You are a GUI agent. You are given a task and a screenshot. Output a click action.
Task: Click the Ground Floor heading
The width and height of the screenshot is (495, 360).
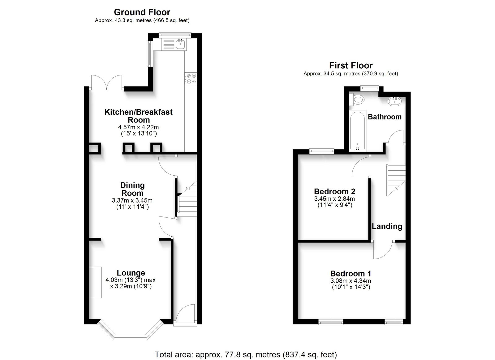pyautogui.click(x=142, y=12)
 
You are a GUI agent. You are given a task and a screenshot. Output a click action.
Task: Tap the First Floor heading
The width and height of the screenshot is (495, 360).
pyautogui.click(x=351, y=65)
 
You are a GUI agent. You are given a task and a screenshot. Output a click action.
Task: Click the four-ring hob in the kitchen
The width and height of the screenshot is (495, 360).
pyautogui.click(x=191, y=79)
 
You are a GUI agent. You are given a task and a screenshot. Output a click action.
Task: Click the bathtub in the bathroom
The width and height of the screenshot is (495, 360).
pyautogui.click(x=358, y=131)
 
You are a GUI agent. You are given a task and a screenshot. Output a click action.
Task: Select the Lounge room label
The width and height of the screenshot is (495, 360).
pyautogui.click(x=131, y=273)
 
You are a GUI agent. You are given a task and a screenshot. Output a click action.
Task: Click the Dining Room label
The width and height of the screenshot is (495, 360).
pyautogui.click(x=132, y=189)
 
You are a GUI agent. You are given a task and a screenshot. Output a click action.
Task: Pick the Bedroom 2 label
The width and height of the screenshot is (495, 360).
pyautogui.click(x=334, y=191)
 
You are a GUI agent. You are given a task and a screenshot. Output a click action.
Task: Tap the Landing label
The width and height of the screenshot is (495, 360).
pyautogui.click(x=387, y=226)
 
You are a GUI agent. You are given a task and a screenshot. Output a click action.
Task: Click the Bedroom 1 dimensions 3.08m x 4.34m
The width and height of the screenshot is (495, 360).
pyautogui.click(x=351, y=281)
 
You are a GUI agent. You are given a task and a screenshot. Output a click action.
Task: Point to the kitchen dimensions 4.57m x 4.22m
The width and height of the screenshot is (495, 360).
pyautogui.click(x=138, y=127)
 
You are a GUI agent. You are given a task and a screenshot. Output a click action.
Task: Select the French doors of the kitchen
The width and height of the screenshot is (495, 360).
pyautogui.click(x=107, y=82)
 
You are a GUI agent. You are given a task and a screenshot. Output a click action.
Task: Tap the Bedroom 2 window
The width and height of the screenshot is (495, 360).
pyautogui.click(x=322, y=151)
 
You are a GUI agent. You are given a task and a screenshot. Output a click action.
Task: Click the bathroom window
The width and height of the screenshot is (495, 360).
pyautogui.click(x=370, y=88)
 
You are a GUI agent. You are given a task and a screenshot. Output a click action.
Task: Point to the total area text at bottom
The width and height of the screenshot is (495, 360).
pyautogui.click(x=246, y=355)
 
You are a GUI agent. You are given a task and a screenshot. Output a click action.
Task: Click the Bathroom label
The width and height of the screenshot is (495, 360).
pyautogui.click(x=385, y=117)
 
